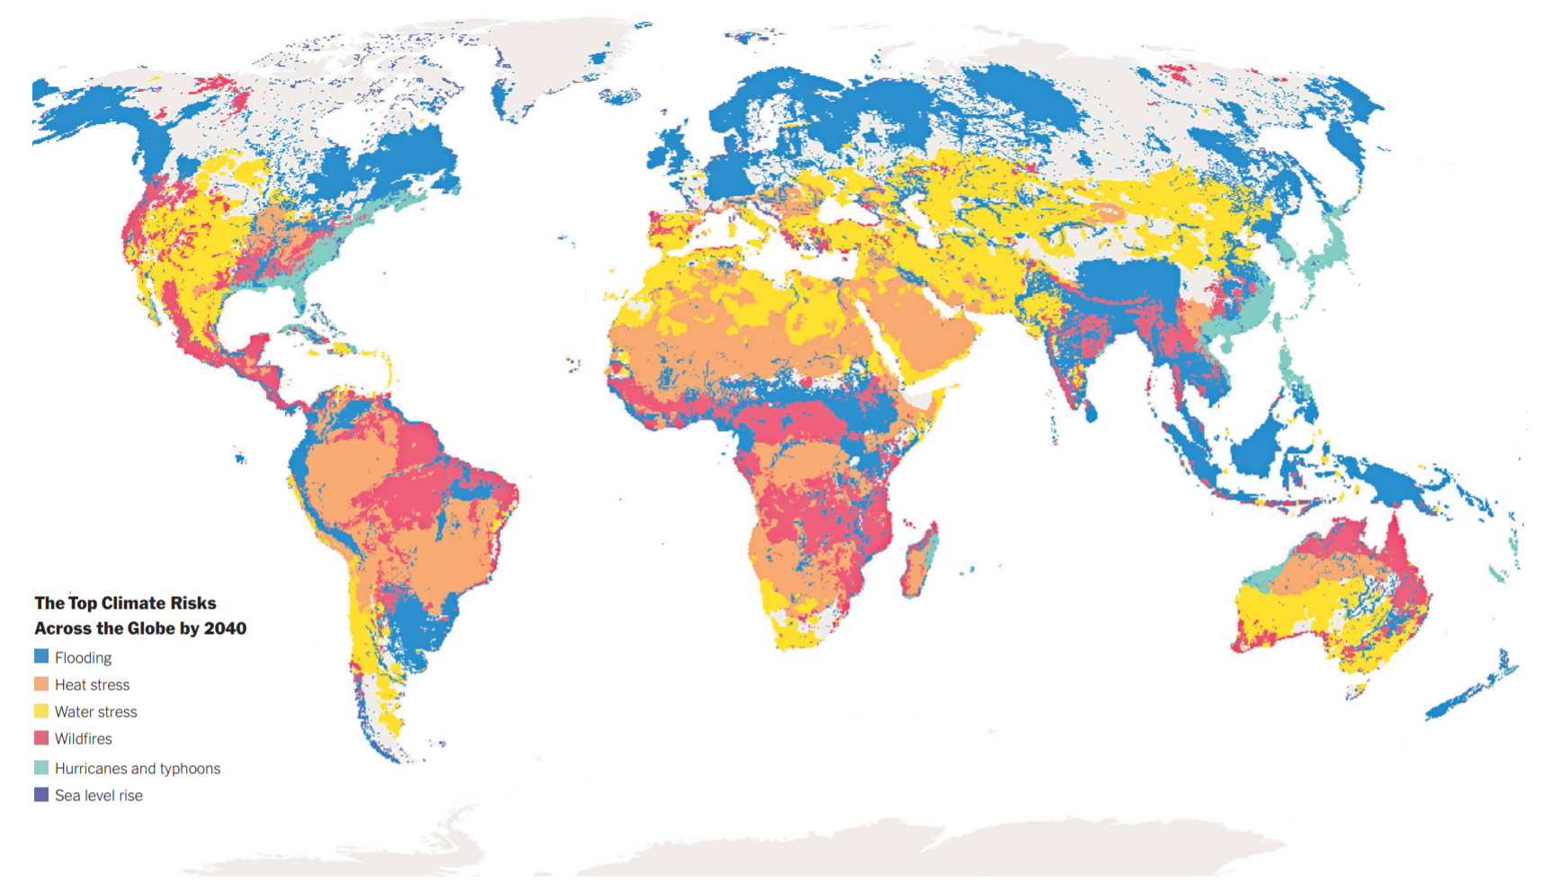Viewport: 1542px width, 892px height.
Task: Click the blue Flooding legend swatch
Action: (x=41, y=657)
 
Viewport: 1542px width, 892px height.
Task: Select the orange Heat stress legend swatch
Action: (x=41, y=684)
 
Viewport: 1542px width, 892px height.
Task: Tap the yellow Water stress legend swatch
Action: (x=41, y=711)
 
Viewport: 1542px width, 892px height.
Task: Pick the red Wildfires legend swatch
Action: (x=41, y=738)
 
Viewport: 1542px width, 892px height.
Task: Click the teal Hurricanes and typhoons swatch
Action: (x=41, y=768)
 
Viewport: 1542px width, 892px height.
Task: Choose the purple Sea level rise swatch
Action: (x=41, y=795)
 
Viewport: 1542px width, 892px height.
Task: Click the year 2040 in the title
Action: (x=225, y=629)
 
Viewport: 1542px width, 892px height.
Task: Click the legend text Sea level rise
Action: (x=99, y=796)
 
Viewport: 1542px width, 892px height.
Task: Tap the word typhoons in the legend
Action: (x=190, y=769)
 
